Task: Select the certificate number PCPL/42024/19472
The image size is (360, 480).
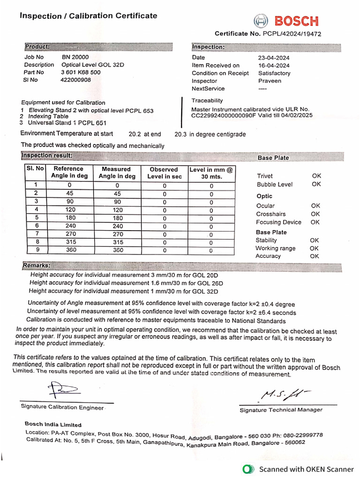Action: point(292,34)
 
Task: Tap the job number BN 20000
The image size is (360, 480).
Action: point(75,57)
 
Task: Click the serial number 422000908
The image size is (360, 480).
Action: point(76,80)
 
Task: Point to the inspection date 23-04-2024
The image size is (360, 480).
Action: point(274,58)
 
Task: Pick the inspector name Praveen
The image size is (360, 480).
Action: point(270,81)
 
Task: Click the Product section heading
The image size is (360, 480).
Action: point(37,47)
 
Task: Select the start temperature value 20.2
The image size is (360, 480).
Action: point(135,134)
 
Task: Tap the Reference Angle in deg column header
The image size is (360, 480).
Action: point(69,172)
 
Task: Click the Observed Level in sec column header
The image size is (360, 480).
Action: point(164,172)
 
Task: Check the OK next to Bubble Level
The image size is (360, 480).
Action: point(316,184)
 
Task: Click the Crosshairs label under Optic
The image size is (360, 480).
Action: point(270,214)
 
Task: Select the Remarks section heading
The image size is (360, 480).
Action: point(37,266)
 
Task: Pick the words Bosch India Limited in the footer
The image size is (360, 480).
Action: point(53,424)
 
